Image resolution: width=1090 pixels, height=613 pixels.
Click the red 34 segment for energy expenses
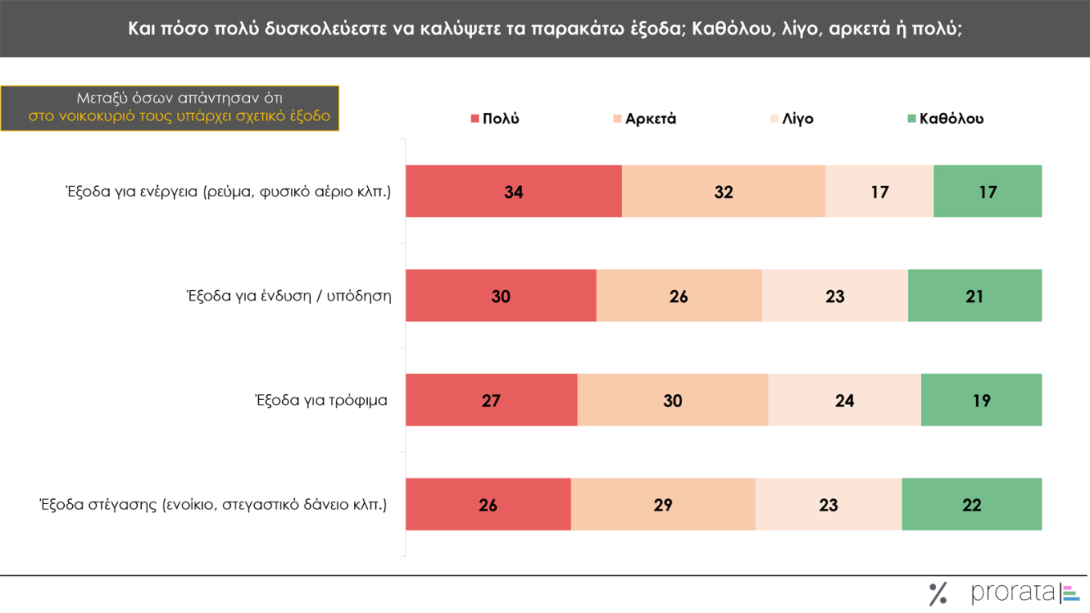[x=513, y=192]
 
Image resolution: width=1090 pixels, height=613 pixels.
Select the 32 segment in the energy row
[x=723, y=192]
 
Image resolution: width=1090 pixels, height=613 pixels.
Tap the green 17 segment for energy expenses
[x=987, y=192]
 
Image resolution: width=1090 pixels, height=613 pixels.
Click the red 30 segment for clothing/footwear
[x=501, y=296]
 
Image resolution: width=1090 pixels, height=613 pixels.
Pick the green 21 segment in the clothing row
[x=975, y=296]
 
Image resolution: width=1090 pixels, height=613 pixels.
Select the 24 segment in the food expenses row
[x=844, y=400]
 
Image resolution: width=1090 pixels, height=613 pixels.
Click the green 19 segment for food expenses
[x=981, y=400]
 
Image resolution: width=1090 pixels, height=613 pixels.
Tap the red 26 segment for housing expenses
[x=488, y=504]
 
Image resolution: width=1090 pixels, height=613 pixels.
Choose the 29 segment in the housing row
[x=663, y=504]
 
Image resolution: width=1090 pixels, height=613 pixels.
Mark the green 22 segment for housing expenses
[x=971, y=504]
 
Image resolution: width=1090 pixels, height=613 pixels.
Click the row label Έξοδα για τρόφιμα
[x=321, y=400]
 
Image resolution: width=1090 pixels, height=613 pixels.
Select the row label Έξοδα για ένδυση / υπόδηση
[x=289, y=296]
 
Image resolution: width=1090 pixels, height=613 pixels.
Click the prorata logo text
[x=1013, y=593]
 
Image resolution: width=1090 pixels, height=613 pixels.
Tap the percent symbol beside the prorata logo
[x=938, y=594]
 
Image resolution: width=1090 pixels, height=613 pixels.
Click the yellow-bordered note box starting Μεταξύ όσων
[x=169, y=107]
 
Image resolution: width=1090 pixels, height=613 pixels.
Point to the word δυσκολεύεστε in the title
[x=323, y=28]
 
